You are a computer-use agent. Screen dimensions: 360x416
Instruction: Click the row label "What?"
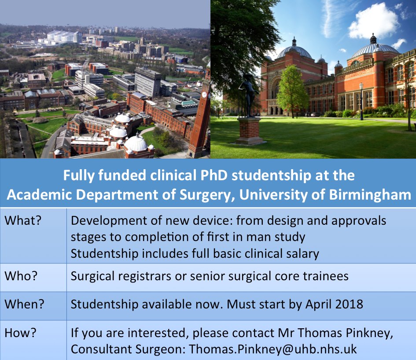22,221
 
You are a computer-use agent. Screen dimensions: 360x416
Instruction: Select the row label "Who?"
21,276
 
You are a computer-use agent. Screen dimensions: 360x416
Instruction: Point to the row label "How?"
21,333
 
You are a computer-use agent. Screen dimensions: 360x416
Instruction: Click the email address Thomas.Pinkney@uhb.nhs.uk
273,349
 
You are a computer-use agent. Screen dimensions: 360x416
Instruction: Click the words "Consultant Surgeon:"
128,349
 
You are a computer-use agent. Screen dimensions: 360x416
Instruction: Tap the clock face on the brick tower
204,94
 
